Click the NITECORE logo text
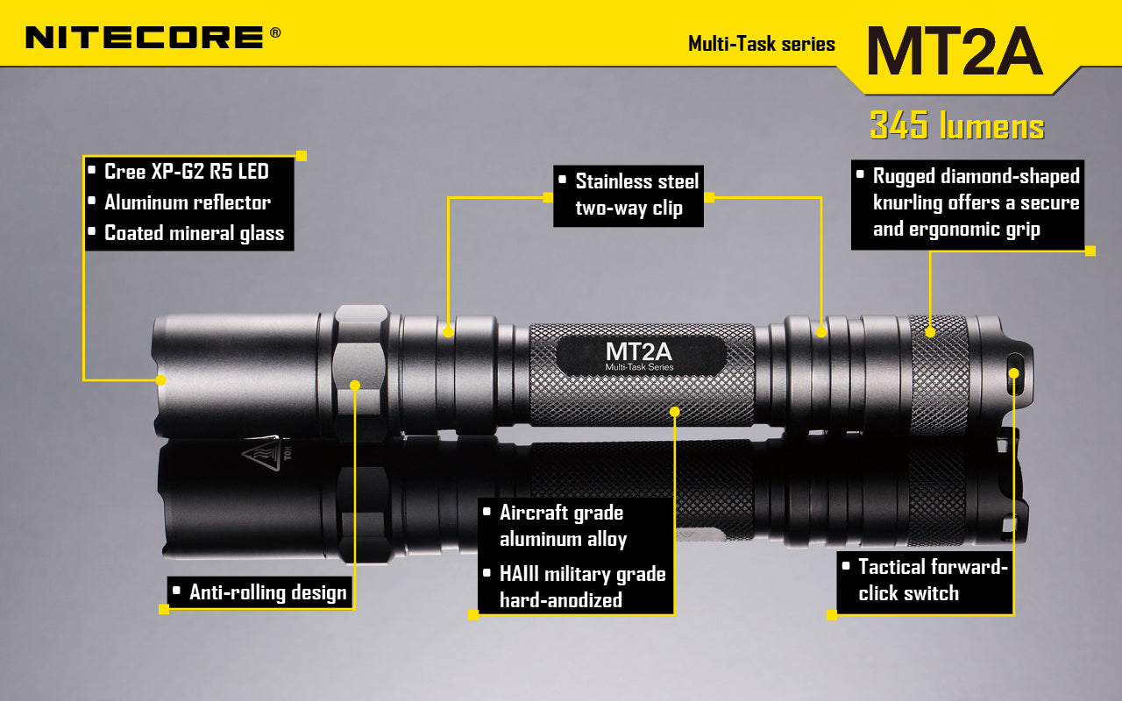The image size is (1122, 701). coord(145,37)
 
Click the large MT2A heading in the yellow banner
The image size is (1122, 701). coord(954,51)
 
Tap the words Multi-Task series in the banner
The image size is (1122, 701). coord(761,44)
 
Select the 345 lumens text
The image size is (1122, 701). coord(956,126)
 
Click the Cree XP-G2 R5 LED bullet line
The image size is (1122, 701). coord(186,171)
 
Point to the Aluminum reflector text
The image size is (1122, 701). coord(187,202)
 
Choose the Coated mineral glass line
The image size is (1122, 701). coord(194,233)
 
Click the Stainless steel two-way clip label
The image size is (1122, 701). coord(628,195)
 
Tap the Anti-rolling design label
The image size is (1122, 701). coord(267,593)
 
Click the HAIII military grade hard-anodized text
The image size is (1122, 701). coord(582,587)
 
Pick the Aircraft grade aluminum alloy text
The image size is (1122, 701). coord(563,526)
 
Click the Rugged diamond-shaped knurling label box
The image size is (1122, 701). coord(967,203)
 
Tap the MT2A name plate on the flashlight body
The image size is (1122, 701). coord(640,354)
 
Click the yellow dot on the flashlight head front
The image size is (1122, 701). coord(160,379)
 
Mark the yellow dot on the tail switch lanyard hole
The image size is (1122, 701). coord(1014,373)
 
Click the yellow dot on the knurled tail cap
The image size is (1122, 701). coord(930,331)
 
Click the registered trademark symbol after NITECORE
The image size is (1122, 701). coord(275,32)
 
